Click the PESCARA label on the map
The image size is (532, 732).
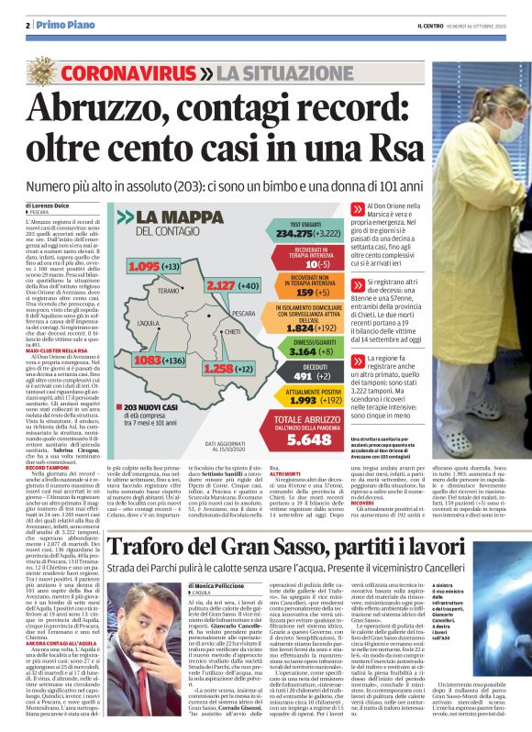click(x=243, y=313)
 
